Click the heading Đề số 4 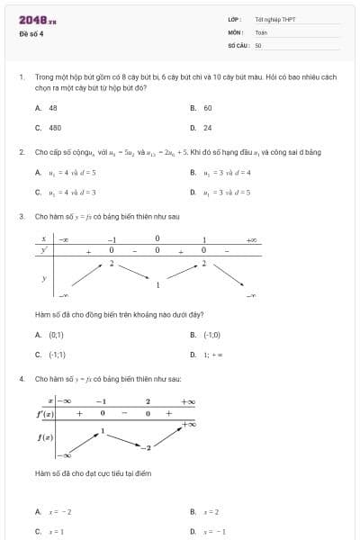31,34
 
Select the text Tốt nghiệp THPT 274,19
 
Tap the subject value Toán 261,31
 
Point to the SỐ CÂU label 237,44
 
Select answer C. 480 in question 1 49,128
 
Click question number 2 22,152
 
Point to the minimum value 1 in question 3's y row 157,285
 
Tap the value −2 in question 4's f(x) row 150,447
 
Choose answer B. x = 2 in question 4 205,511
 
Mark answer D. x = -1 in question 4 208,531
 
